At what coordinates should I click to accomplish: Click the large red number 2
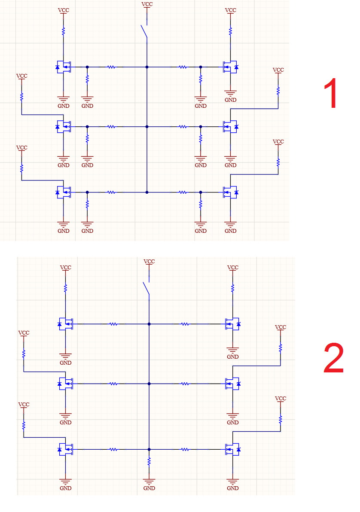point(333,358)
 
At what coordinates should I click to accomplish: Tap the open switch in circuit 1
point(144,32)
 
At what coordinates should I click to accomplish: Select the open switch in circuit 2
point(146,288)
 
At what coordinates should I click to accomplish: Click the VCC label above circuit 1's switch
point(147,4)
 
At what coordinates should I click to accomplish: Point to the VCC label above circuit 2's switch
point(149,262)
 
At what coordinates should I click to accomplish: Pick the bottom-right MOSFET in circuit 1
point(230,192)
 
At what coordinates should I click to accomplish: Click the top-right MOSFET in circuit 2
point(233,324)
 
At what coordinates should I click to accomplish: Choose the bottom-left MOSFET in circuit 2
point(65,449)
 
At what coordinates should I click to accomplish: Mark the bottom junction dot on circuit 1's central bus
point(147,192)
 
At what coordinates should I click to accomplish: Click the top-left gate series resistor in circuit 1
point(111,67)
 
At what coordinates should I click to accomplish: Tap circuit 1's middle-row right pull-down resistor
point(201,139)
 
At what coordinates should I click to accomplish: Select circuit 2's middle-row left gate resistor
point(113,384)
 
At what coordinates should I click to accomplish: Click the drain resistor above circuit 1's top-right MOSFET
point(231,31)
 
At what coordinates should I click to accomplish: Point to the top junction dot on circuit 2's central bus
point(149,324)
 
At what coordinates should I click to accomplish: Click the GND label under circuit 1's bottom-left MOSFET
point(63,231)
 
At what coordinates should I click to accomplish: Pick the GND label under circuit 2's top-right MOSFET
point(233,357)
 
